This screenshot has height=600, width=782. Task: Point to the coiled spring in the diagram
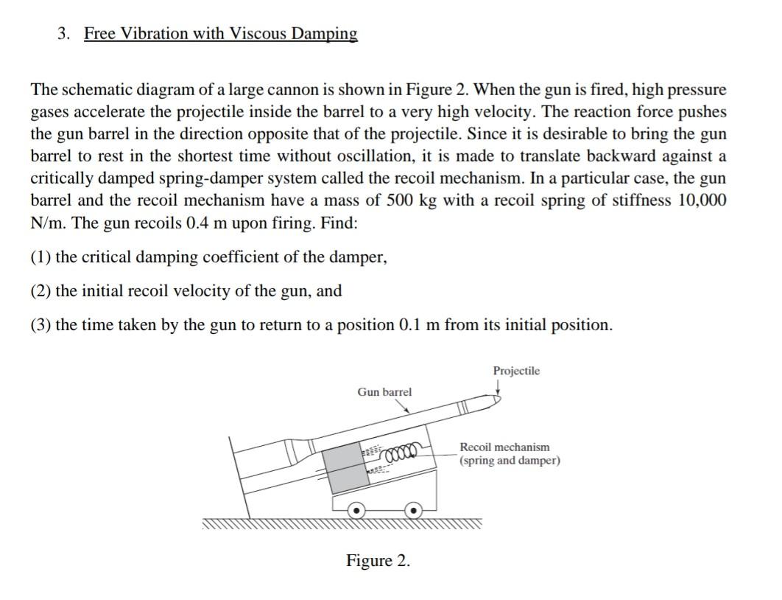coord(401,449)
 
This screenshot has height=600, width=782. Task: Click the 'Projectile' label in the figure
coord(516,371)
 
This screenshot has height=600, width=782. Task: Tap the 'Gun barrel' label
coord(384,392)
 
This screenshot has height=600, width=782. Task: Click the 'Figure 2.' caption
coord(378,561)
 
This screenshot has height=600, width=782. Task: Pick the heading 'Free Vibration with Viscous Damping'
coord(220,34)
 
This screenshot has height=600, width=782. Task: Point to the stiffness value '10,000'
coord(700,200)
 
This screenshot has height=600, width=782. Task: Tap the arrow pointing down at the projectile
coord(499,388)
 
